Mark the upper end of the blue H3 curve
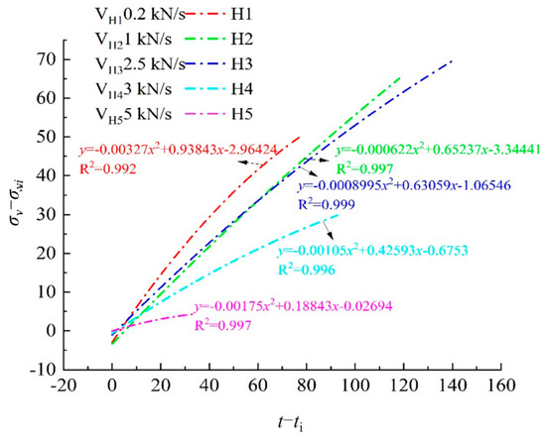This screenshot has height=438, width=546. pos(452,61)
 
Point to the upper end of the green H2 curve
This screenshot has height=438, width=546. pos(401,76)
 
